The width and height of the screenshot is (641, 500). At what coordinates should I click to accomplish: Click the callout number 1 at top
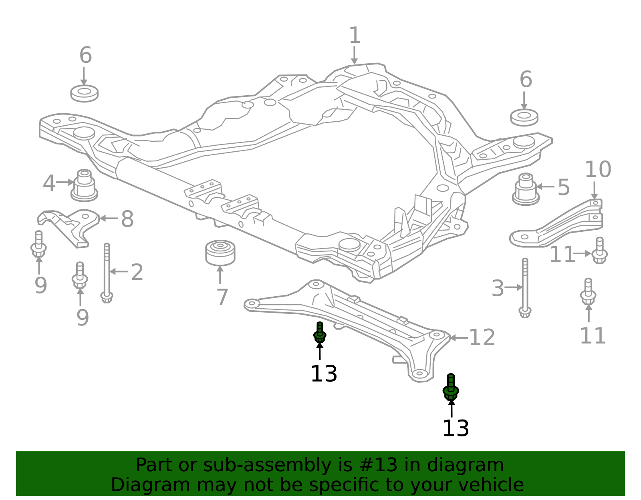point(355,36)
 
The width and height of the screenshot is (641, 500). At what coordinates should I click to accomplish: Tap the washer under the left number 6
point(84,93)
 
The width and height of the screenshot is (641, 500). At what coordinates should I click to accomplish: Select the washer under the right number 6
point(524,117)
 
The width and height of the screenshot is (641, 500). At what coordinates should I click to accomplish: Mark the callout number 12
point(482,337)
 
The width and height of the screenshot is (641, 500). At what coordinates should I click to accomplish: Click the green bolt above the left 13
point(320,332)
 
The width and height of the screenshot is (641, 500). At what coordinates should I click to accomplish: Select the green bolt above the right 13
point(451,387)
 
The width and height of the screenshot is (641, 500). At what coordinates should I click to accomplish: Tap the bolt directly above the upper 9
point(38,244)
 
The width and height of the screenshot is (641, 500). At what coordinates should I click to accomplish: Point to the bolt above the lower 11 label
point(588,292)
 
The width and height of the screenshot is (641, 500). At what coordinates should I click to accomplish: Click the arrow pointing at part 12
point(458,338)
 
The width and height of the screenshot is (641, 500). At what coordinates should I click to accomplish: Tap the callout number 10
point(598,170)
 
